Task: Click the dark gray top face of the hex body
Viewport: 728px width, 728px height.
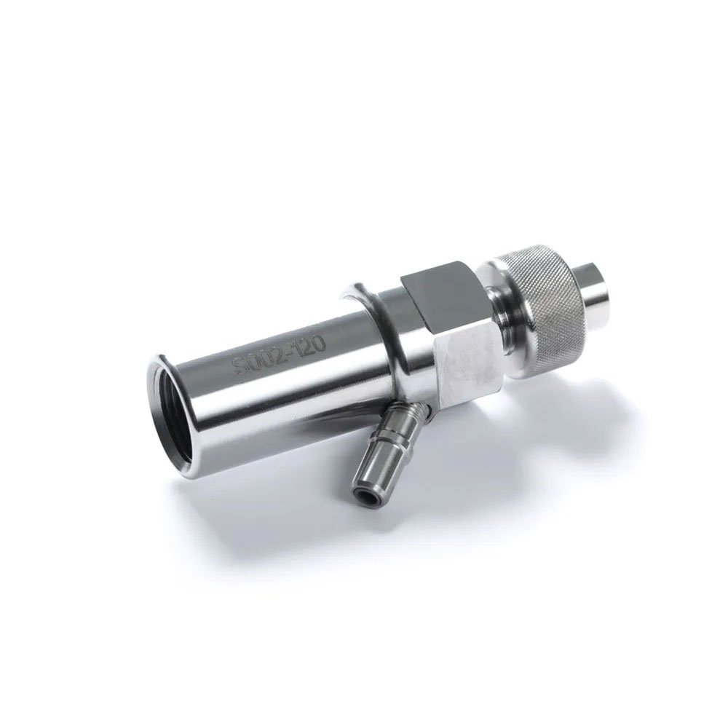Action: click(x=439, y=291)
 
